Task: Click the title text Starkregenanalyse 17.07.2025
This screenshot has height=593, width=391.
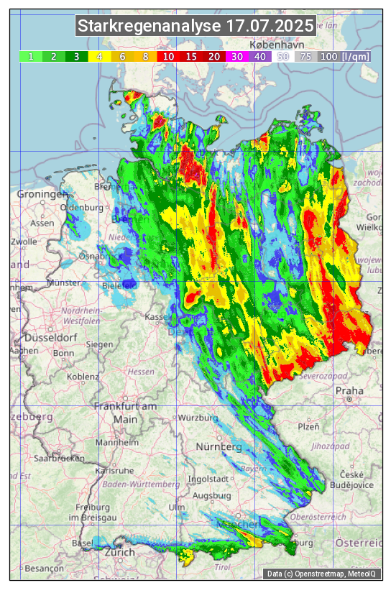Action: (x=195, y=27)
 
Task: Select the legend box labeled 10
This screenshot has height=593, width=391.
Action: (x=168, y=56)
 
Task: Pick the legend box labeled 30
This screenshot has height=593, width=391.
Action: (x=237, y=56)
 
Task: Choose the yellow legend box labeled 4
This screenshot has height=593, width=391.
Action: (x=100, y=56)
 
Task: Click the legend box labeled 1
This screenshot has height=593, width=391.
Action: (x=31, y=56)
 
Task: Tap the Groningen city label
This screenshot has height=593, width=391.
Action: (x=42, y=195)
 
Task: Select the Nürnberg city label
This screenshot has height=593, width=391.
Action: (x=219, y=447)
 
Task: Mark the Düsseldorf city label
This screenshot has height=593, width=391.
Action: (x=50, y=338)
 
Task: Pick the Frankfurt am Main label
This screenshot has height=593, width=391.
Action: (x=125, y=413)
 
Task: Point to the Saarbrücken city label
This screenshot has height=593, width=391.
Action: (x=59, y=458)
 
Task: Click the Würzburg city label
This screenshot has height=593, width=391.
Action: (x=198, y=418)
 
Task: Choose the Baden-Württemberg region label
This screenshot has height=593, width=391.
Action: (x=142, y=484)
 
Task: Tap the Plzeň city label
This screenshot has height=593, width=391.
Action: (x=308, y=426)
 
